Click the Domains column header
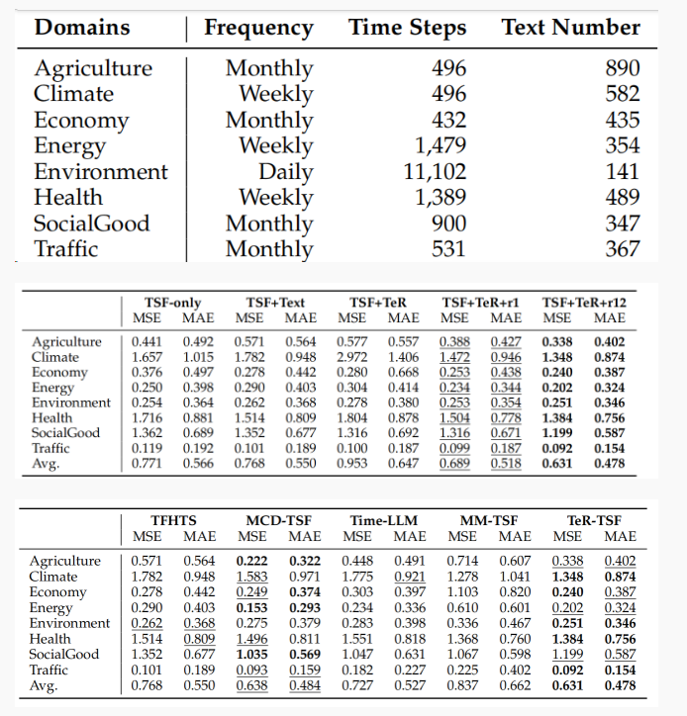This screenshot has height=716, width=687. pos(82,28)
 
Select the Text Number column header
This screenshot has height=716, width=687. pos(570,28)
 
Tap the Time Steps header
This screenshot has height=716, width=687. pos(407,28)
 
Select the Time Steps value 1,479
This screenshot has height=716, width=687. pos(440,145)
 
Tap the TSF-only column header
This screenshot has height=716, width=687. pos(173,302)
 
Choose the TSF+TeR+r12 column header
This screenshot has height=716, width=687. pos(584,302)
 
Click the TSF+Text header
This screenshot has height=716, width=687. pos(275,302)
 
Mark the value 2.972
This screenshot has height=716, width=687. pos(353,357)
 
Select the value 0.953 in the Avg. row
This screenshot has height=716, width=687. pos(353,463)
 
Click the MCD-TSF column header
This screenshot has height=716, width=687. pos(276,520)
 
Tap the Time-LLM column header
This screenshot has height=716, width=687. pos(380,520)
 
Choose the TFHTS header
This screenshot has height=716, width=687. pos(174,520)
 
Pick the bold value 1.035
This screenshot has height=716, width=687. pos(252,655)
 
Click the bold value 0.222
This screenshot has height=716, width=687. pos(252,561)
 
